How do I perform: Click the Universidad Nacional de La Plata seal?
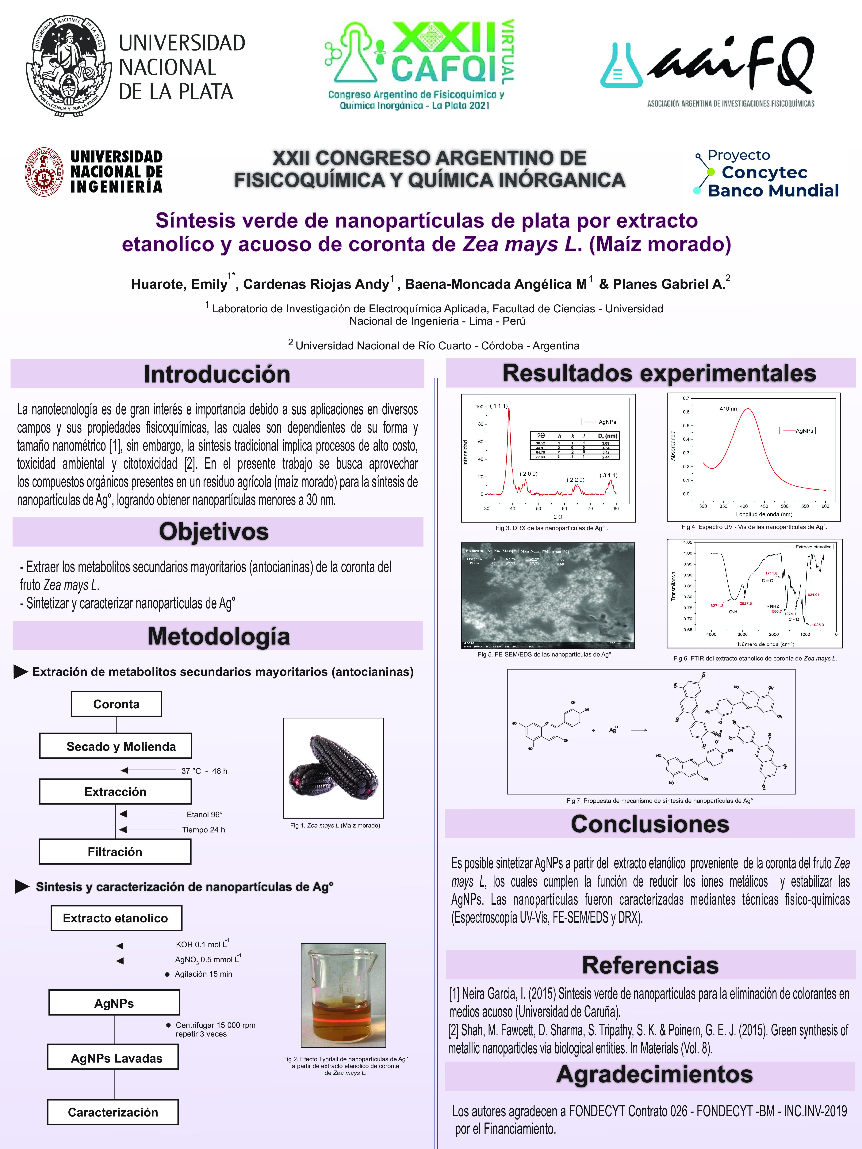click(x=69, y=67)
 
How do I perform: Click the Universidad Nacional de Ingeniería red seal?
click(x=45, y=172)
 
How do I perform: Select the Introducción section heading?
click(x=217, y=374)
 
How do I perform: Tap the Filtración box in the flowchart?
click(x=115, y=852)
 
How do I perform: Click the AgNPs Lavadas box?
click(x=113, y=1058)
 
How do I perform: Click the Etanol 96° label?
click(x=204, y=814)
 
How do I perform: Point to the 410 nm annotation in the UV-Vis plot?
click(x=729, y=409)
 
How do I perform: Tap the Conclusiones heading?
click(x=650, y=824)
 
